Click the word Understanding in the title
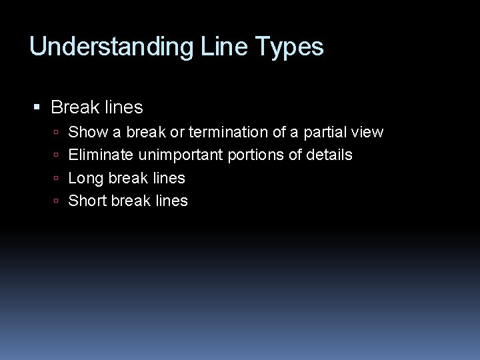coord(111,47)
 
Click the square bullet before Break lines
coord(37,107)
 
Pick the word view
coord(369,132)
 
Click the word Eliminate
coord(101,155)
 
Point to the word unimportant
coord(181,155)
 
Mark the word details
coord(329,155)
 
